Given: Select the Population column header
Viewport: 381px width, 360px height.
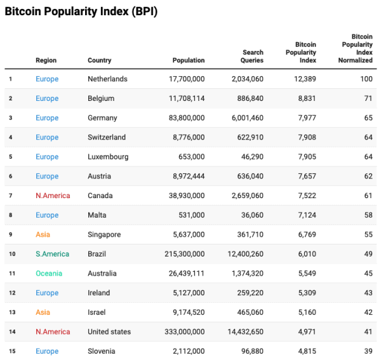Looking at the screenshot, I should pyautogui.click(x=189, y=60).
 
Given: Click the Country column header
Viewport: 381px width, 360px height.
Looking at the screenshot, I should pyautogui.click(x=99, y=60).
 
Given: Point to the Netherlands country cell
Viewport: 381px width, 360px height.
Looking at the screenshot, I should pyautogui.click(x=107, y=79).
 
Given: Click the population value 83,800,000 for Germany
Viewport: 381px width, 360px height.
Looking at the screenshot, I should pyautogui.click(x=184, y=118).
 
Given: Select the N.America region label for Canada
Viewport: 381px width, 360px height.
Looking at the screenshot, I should pyautogui.click(x=53, y=196).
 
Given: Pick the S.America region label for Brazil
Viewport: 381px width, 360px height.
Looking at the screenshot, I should pyautogui.click(x=52, y=254).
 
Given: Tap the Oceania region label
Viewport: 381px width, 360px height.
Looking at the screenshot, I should pyautogui.click(x=49, y=274).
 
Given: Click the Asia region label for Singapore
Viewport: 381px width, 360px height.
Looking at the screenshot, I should pyautogui.click(x=43, y=234).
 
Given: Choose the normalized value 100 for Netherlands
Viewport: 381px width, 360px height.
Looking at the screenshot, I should pyautogui.click(x=366, y=79).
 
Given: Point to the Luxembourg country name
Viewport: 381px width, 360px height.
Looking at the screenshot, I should pyautogui.click(x=108, y=157).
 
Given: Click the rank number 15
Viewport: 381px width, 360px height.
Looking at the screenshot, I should pyautogui.click(x=11, y=351).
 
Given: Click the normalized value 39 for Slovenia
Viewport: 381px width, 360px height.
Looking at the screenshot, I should pyautogui.click(x=368, y=351).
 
